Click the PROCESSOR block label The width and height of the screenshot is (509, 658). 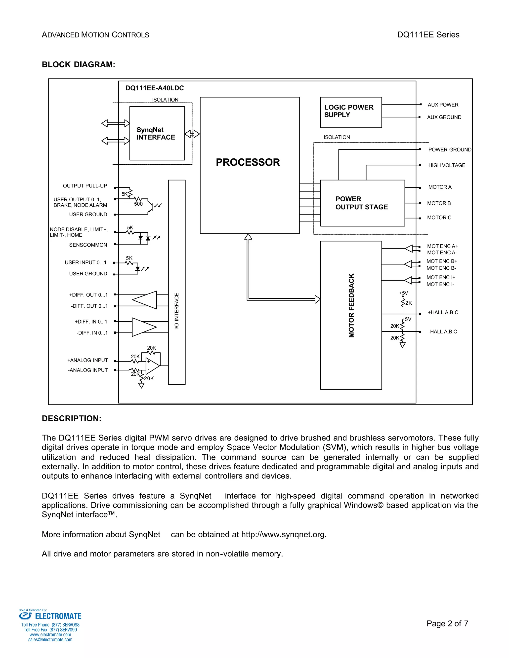click(248, 162)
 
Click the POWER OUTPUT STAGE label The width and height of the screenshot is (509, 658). click(362, 203)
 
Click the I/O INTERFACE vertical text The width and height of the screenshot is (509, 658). click(177, 311)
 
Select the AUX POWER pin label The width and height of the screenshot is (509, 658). click(443, 105)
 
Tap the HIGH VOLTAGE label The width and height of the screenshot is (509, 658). click(447, 165)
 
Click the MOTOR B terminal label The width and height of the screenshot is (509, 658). click(439, 203)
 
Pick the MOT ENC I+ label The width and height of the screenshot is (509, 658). click(441, 278)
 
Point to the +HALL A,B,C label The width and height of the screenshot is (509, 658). click(443, 312)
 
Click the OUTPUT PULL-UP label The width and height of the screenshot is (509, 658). click(85, 186)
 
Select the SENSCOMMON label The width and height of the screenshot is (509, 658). click(88, 245)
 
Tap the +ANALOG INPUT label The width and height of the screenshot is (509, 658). click(87, 360)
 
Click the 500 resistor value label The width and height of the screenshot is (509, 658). click(138, 204)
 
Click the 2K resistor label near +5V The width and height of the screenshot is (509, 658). click(409, 303)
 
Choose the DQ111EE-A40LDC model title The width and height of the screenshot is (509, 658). click(154, 88)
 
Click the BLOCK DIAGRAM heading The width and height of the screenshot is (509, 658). click(78, 65)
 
